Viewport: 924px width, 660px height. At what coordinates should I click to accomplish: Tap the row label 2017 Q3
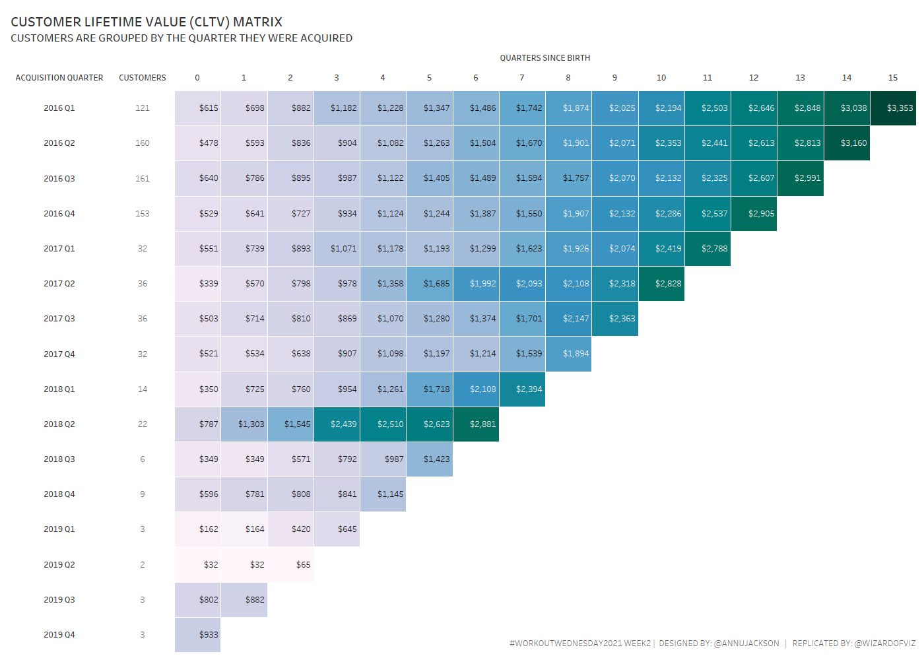tap(59, 319)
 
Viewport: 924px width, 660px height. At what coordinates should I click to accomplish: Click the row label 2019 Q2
tap(59, 565)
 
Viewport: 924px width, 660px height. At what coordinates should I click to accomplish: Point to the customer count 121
tap(143, 108)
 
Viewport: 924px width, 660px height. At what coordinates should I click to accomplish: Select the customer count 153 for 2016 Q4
tap(143, 214)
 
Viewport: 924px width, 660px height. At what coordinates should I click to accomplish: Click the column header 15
tap(893, 78)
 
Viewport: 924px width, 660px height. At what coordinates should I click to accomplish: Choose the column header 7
tap(522, 78)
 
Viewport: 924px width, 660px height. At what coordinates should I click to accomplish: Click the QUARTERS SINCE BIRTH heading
tap(544, 58)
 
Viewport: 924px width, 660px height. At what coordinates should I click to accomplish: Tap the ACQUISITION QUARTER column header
tap(59, 78)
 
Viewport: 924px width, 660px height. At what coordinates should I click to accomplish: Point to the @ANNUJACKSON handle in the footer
tap(746, 643)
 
